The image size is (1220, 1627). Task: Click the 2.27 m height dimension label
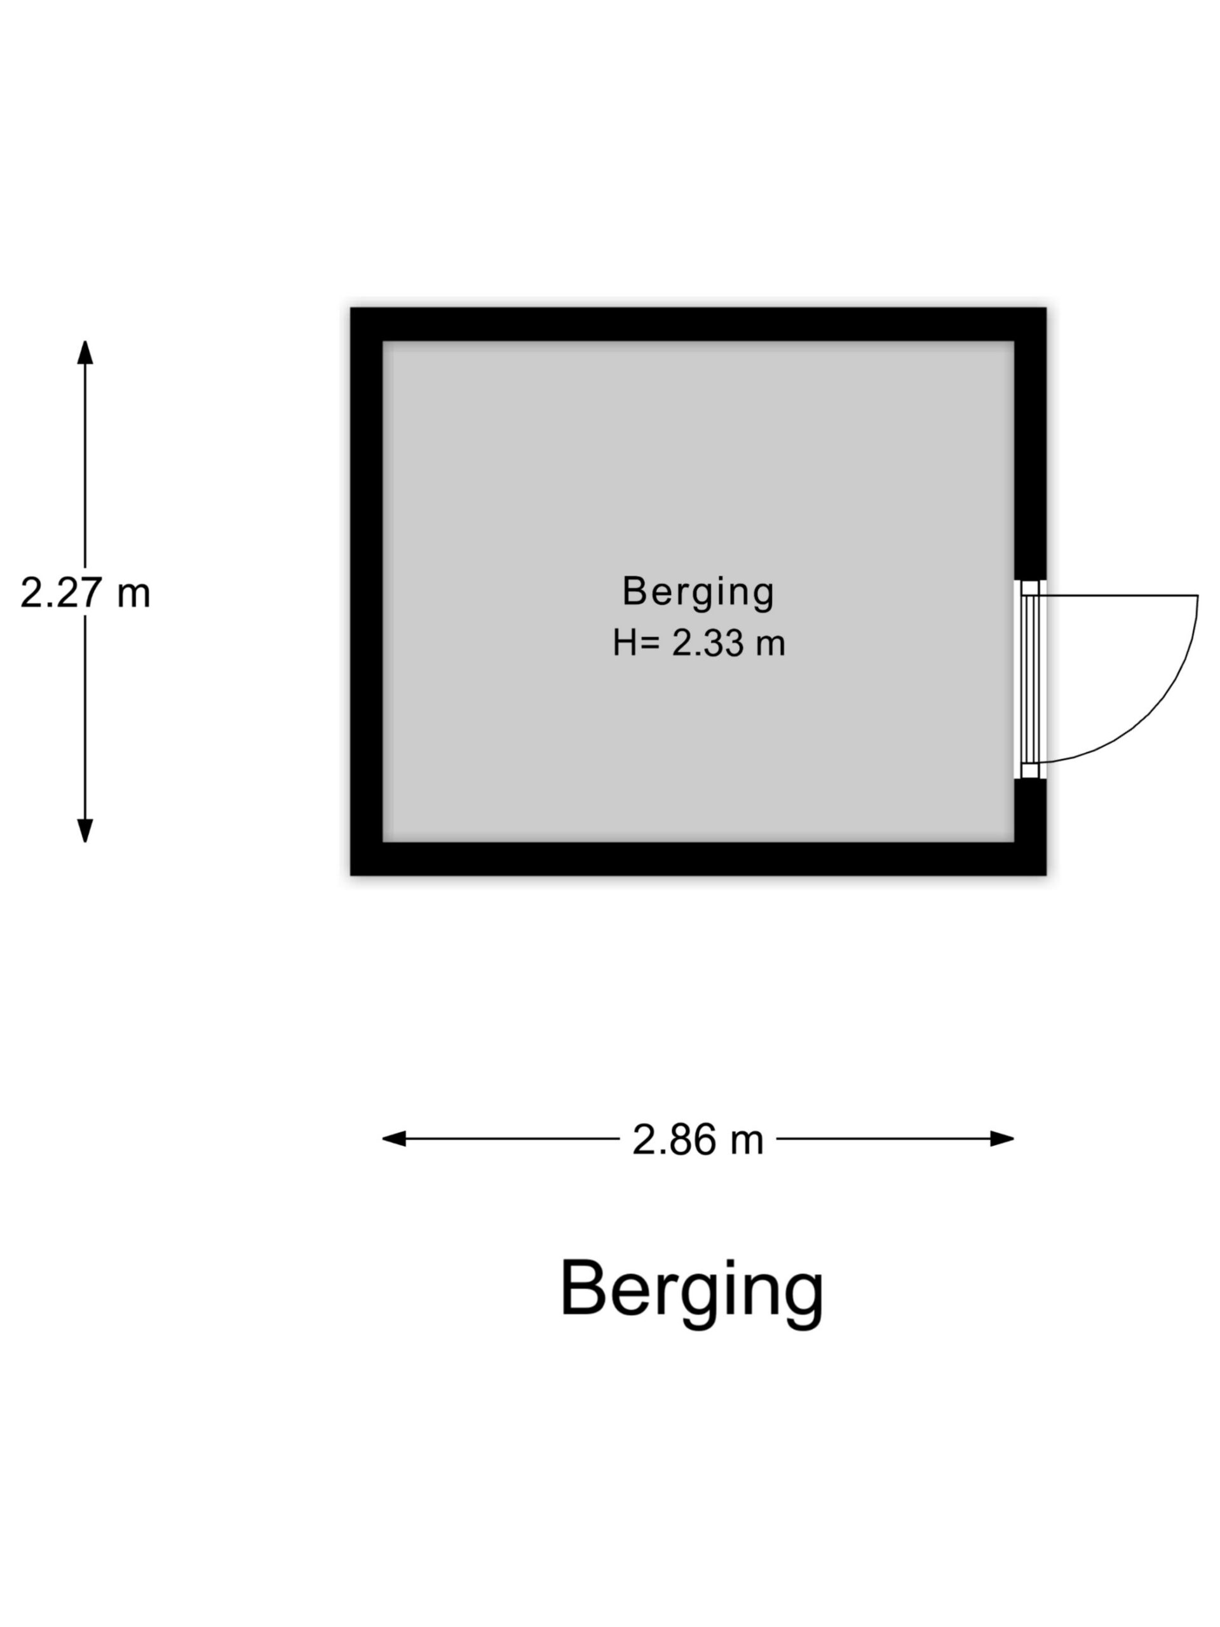pos(85,592)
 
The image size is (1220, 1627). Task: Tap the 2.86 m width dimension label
pos(697,1140)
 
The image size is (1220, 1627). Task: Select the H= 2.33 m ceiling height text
pos(698,643)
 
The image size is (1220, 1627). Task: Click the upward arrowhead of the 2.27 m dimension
pos(85,353)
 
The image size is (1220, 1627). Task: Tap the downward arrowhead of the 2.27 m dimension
pos(85,829)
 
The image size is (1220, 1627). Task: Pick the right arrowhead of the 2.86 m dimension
pos(1001,1139)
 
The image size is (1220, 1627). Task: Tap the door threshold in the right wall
pos(1029,679)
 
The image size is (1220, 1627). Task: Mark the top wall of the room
pos(697,324)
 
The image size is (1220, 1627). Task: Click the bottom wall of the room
pos(697,859)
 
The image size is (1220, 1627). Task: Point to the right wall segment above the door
pos(1030,456)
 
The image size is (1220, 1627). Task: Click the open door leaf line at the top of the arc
pos(1118,595)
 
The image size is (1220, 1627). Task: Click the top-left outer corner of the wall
pos(351,309)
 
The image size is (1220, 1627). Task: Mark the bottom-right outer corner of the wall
pos(1045,874)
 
